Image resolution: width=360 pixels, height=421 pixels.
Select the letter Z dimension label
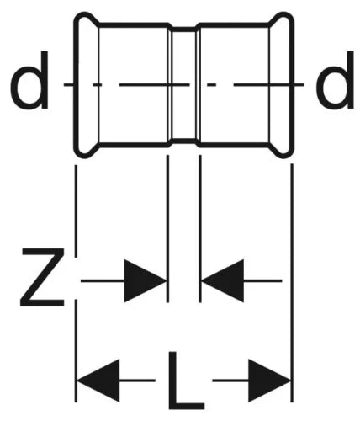[42, 277]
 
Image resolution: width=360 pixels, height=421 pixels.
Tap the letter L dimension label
[186, 381]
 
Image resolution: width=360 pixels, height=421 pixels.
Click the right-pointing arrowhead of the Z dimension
[146, 280]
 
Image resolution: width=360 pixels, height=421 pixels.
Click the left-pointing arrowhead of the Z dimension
[223, 280]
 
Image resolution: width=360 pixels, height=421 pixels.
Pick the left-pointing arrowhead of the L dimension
[98, 381]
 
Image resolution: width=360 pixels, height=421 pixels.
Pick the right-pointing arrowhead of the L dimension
[270, 381]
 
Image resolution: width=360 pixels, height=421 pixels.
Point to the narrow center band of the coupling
[184, 84]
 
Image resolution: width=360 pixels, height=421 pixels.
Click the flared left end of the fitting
[87, 84]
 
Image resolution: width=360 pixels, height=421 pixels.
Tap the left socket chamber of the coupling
[134, 84]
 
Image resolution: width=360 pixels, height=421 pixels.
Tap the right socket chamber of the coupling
[235, 84]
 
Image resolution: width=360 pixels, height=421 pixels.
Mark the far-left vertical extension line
[76, 284]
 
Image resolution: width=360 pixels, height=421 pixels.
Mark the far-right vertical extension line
[292, 284]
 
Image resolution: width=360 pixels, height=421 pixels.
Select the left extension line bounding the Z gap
[167, 229]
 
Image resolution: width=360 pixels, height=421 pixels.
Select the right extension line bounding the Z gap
[200, 229]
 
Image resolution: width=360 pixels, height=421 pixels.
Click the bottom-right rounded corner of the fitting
[289, 152]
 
